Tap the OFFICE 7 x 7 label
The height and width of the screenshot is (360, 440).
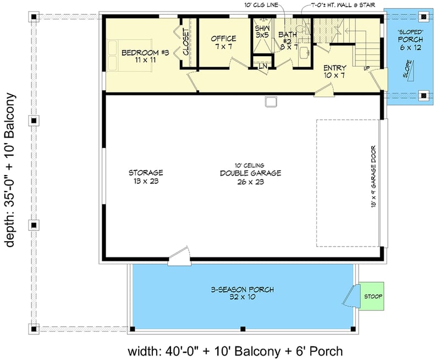pyautogui.click(x=223, y=42)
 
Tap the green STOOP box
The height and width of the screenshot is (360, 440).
pyautogui.click(x=372, y=297)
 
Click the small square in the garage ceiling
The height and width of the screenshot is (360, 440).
pyautogui.click(x=270, y=101)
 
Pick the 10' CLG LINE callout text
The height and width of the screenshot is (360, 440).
pyautogui.click(x=260, y=5)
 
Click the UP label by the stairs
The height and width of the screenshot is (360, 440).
pyautogui.click(x=366, y=68)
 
